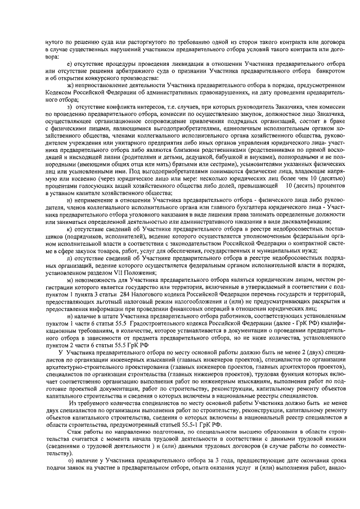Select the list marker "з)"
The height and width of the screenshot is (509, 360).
click(70, 107)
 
